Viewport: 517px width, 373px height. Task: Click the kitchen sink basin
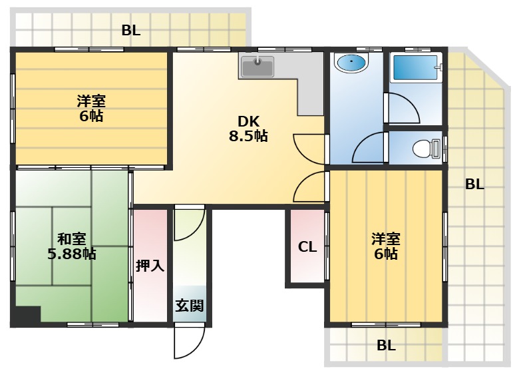coord(258,67)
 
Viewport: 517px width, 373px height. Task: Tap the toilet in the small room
coord(426,149)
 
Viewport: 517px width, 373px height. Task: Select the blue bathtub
coord(416,68)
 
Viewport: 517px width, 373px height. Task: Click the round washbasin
coord(350,63)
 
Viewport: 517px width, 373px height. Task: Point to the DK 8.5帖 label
coord(248,129)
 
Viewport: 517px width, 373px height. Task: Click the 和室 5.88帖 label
coord(72,246)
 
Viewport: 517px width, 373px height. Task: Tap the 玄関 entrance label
coord(189,306)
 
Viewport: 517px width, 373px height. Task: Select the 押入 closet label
coord(150,265)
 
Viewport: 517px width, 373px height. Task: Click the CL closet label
coord(307,247)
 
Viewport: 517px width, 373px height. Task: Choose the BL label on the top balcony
coord(131,31)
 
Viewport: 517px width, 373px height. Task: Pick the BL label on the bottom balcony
coord(386,346)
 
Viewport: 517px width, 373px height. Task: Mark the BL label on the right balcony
coord(474,185)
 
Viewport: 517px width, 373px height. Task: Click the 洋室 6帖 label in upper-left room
coord(91,109)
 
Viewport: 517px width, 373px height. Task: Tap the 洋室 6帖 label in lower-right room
coord(386,246)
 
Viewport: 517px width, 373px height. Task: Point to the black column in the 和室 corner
coord(26,316)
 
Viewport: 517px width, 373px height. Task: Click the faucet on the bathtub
coord(439,67)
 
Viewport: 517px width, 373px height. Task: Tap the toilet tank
coord(436,149)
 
